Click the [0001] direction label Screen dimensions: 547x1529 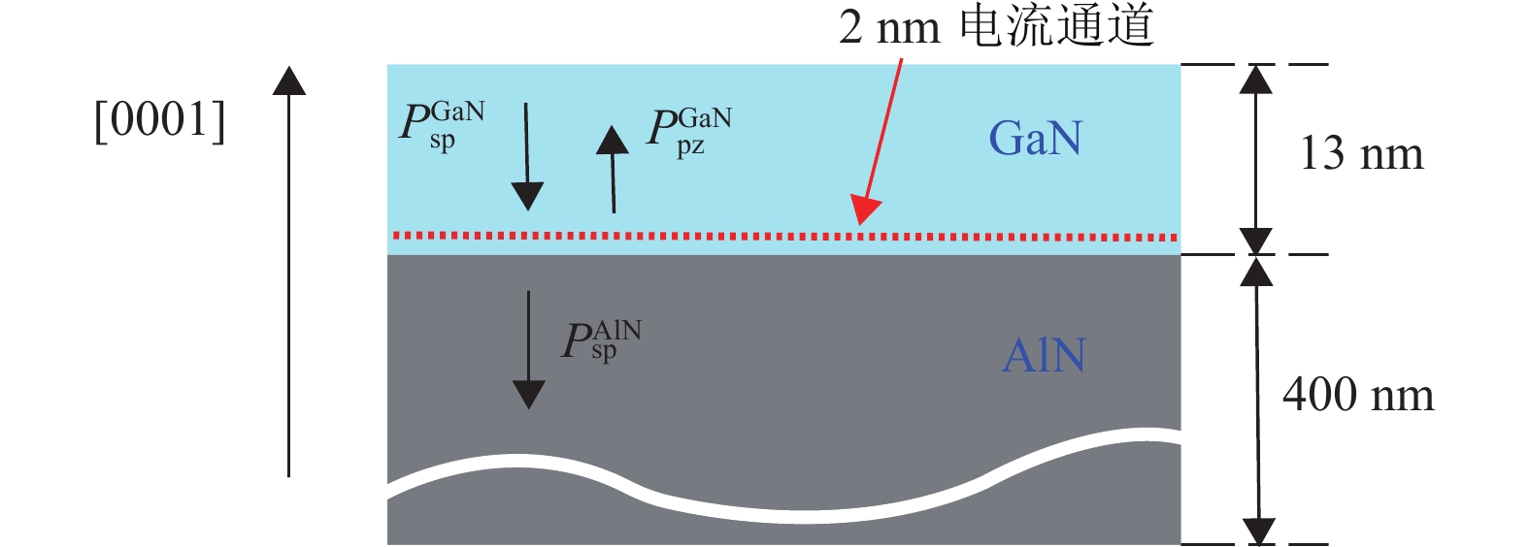160,120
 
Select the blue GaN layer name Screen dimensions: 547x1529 1035,138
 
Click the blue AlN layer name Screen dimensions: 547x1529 1044,355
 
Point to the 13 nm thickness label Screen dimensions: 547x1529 1361,153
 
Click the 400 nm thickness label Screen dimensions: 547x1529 1358,395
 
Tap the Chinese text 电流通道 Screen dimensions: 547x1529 1056,25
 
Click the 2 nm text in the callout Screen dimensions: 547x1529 889,27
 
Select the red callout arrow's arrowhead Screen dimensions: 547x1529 864,210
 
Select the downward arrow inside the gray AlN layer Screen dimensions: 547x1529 528,349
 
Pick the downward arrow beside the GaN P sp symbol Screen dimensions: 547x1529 527,156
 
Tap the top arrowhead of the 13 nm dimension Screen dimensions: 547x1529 1256,78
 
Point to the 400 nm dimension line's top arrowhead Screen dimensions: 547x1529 1256,271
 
